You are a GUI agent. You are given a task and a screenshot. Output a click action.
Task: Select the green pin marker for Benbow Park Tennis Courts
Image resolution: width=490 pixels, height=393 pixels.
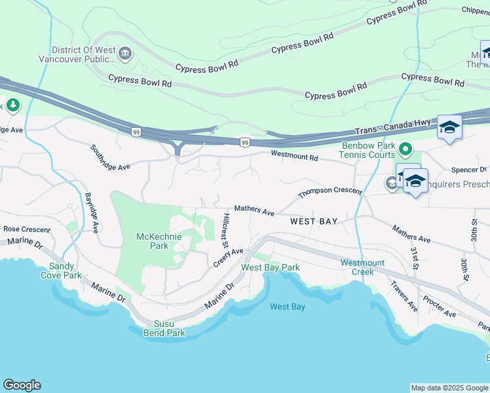[405, 151]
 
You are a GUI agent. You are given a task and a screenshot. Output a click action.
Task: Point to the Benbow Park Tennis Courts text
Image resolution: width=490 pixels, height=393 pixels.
[367, 150]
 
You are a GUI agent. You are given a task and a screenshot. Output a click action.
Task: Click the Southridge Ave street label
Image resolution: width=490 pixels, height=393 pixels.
[110, 157]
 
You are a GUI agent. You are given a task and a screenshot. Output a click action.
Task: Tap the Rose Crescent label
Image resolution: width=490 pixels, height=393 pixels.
[27, 229]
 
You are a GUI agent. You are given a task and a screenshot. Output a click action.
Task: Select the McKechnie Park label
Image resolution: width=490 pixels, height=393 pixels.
[152, 241]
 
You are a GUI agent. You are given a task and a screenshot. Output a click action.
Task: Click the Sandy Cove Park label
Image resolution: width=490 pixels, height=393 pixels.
[66, 271]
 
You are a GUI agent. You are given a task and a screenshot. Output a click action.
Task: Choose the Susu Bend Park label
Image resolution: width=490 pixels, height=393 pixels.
[164, 328]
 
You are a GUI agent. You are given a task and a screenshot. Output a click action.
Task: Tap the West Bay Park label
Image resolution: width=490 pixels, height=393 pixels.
[270, 267]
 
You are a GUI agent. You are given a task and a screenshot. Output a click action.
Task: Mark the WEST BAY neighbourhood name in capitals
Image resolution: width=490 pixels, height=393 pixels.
[314, 221]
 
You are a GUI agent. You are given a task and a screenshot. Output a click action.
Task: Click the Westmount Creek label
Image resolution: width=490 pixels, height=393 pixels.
[358, 267]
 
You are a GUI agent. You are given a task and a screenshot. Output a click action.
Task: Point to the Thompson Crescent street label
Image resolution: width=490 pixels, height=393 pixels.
[330, 192]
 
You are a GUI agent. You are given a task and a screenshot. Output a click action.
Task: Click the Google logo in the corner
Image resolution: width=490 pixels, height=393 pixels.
[22, 385]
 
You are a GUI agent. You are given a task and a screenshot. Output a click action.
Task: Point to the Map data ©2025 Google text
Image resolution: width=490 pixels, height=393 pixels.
[450, 388]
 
